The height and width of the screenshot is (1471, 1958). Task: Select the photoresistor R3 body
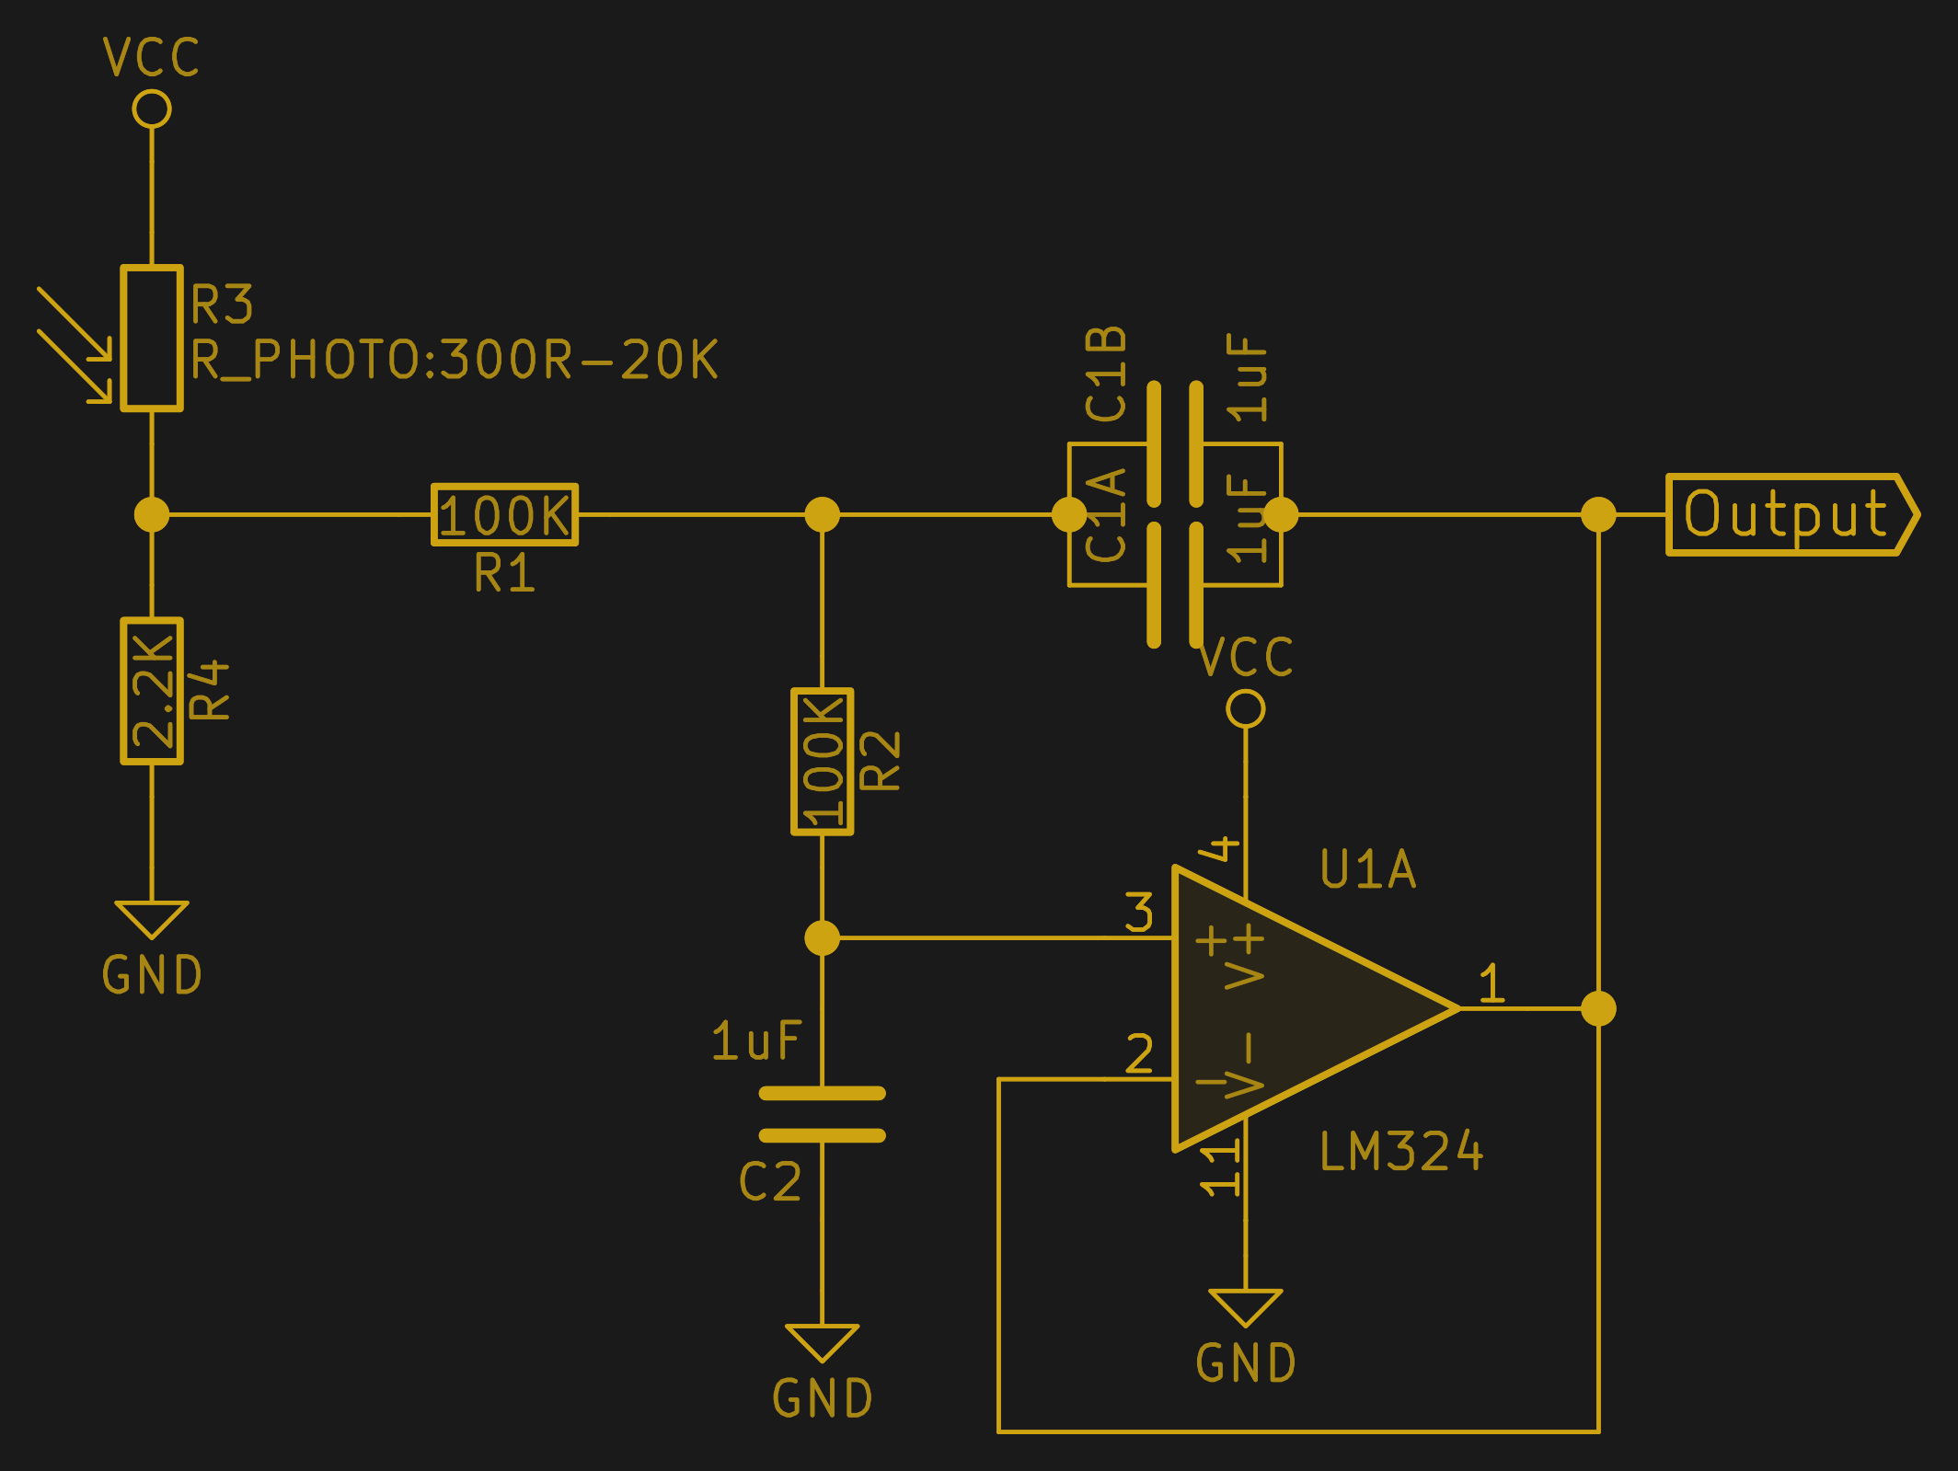152,339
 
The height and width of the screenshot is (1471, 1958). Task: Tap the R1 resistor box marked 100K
505,514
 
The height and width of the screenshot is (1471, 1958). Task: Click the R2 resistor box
822,762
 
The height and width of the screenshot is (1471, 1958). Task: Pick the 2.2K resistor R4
152,691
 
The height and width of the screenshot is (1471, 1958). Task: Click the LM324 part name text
1400,1152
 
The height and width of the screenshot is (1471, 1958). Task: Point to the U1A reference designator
1368,869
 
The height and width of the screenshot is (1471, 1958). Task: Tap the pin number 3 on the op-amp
1139,913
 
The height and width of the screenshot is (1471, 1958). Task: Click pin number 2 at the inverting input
1139,1054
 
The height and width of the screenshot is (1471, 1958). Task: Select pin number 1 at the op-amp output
1492,983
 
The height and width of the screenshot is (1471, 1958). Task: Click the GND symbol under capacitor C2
822,1343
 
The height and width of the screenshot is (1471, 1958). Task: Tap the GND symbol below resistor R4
152,920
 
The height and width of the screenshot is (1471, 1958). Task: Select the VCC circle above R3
152,109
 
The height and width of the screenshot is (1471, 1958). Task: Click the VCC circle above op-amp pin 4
1246,709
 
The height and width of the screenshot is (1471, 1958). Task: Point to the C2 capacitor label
770,1182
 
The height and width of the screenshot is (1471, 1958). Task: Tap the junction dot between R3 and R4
152,514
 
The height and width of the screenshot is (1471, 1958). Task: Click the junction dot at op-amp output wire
1598,1008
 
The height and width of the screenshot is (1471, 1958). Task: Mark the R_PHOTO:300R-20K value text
455,360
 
